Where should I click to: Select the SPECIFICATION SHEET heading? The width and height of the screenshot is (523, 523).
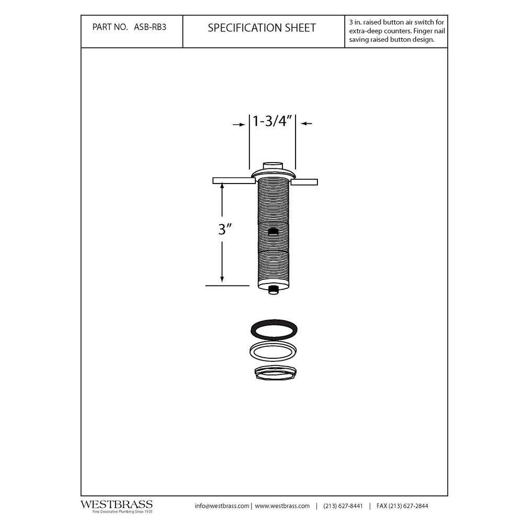pyautogui.click(x=261, y=28)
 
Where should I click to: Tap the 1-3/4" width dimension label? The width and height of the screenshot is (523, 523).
pyautogui.click(x=272, y=121)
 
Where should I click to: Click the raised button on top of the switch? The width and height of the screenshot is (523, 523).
pyautogui.click(x=272, y=166)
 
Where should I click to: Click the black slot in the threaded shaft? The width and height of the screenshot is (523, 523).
pyautogui.click(x=272, y=231)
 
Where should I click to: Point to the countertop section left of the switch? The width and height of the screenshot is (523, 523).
pyautogui.click(x=234, y=181)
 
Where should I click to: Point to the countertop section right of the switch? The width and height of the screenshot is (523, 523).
pyautogui.click(x=304, y=181)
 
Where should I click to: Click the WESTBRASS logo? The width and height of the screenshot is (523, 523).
pyautogui.click(x=116, y=505)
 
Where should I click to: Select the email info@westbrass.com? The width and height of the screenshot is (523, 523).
pyautogui.click(x=222, y=506)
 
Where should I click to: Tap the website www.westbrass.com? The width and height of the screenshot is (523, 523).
pyautogui.click(x=282, y=506)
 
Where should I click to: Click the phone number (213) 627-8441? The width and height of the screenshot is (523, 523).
pyautogui.click(x=343, y=506)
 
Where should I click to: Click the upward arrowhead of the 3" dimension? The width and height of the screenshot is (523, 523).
pyautogui.click(x=222, y=186)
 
